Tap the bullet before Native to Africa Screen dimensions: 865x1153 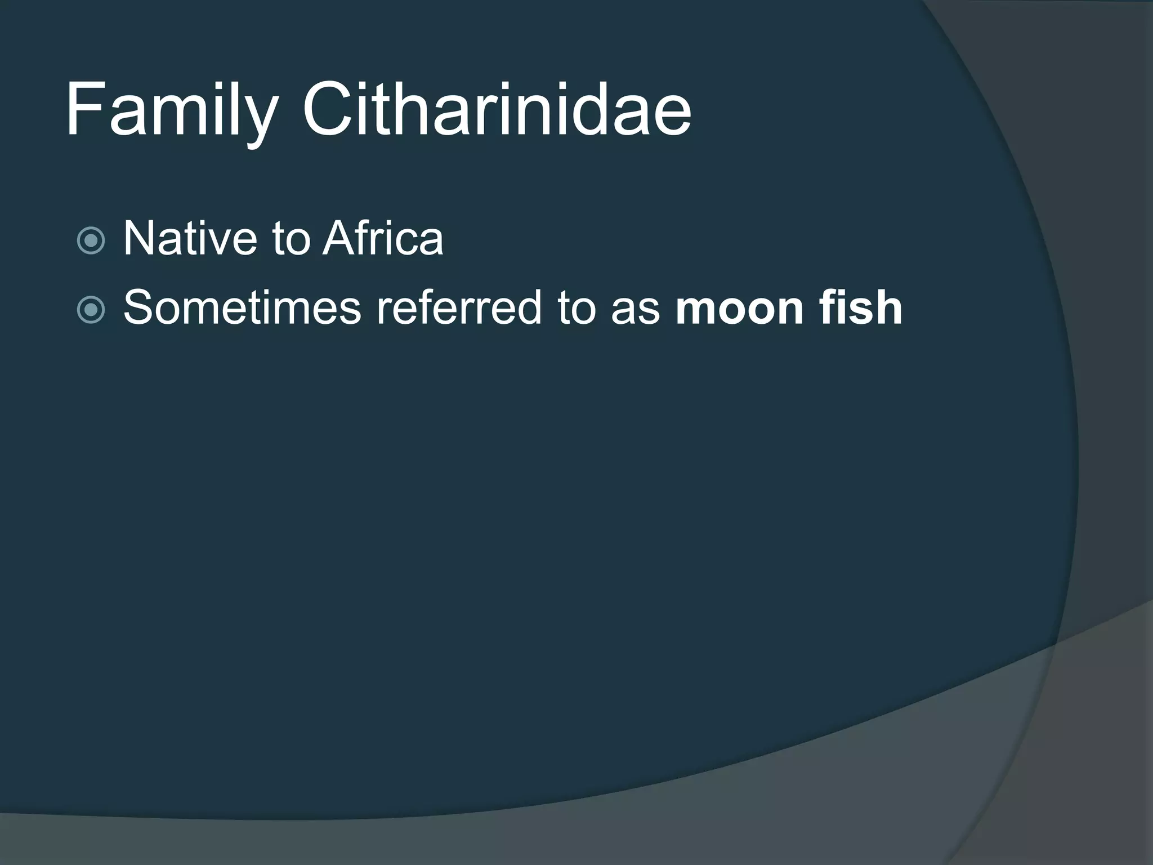pyautogui.click(x=91, y=241)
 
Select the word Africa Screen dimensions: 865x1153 pyautogui.click(x=383, y=239)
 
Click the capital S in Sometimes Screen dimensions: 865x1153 pyautogui.click(x=140, y=307)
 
